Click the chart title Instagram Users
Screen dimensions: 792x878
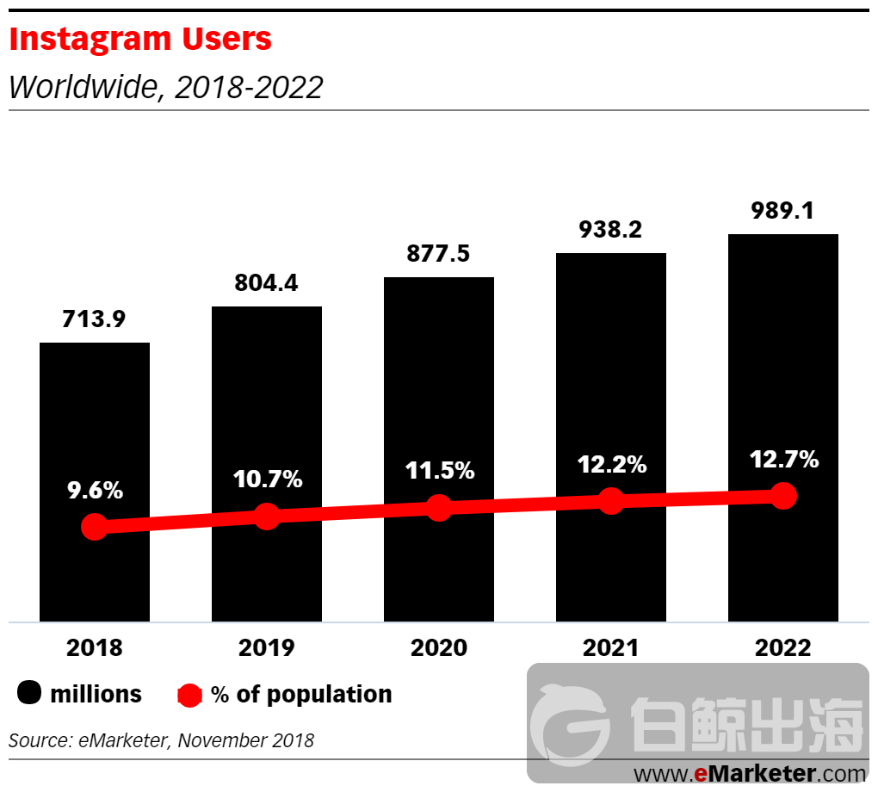click(140, 39)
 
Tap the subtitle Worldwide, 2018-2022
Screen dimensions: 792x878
click(166, 87)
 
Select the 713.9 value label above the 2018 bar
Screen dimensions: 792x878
click(94, 319)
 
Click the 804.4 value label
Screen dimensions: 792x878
click(266, 283)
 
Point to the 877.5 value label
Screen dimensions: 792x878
click(438, 254)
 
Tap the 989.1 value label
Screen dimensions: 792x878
click(782, 210)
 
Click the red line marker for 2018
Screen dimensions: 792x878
click(95, 527)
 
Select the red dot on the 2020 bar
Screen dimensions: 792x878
click(439, 508)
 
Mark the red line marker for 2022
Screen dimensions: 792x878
click(783, 496)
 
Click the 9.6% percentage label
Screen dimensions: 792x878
click(95, 491)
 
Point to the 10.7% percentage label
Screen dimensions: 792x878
click(267, 480)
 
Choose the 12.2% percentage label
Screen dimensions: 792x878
click(611, 465)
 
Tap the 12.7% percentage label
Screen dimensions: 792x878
click(783, 460)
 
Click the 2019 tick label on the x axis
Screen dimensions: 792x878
click(266, 647)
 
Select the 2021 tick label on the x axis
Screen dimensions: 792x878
click(610, 647)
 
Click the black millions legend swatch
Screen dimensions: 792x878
click(30, 693)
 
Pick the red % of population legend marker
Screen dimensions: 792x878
click(189, 695)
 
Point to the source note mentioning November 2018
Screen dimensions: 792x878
click(162, 739)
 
